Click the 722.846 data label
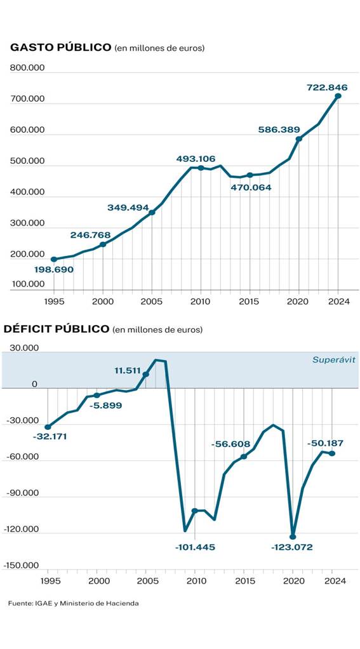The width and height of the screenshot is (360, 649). click(326, 87)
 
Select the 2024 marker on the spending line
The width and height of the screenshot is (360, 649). click(338, 96)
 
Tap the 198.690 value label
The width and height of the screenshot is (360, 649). click(54, 269)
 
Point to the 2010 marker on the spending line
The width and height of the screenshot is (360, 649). click(201, 168)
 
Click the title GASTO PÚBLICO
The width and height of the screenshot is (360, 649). click(61, 48)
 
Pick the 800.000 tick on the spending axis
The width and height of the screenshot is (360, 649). click(27, 67)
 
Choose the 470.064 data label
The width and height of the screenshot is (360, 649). click(250, 188)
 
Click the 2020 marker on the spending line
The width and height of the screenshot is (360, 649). click(298, 139)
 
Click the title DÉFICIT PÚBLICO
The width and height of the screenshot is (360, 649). click(57, 329)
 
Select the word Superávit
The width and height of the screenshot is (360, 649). click(333, 359)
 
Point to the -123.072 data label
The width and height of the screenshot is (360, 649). click(291, 547)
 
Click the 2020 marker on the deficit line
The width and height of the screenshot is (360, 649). click(293, 536)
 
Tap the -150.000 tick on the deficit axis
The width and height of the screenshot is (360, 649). click(21, 565)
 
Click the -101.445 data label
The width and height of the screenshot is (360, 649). click(196, 547)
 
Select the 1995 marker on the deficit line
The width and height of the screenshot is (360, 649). click(48, 427)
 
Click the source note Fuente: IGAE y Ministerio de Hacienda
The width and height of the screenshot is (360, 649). click(73, 603)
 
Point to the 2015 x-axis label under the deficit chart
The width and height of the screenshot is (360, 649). click(244, 580)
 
